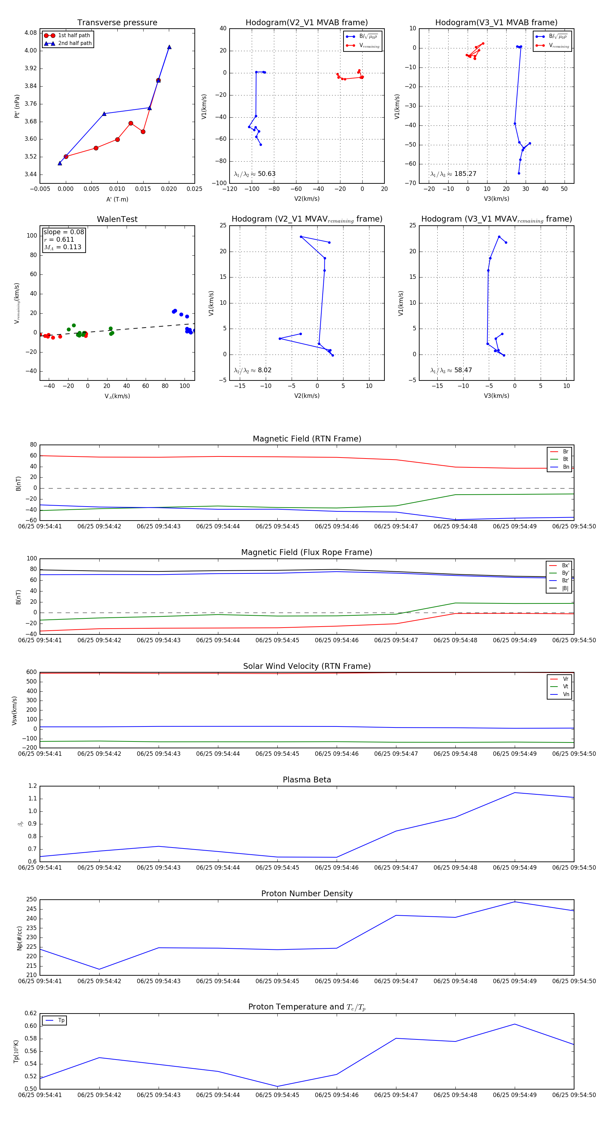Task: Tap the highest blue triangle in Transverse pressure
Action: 169,47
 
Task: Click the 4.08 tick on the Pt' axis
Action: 31,33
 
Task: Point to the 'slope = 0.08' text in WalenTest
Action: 63,232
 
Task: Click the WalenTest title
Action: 117,219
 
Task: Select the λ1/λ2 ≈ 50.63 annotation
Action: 255,174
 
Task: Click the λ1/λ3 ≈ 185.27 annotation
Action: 453,174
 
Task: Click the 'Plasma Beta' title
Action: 307,780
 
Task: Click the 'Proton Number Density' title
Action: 307,894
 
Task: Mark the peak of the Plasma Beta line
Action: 515,793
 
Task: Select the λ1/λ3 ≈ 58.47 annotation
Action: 451,370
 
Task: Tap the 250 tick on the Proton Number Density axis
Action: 31,900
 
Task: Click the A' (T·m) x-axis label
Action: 117,199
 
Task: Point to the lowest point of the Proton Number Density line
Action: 99,970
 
